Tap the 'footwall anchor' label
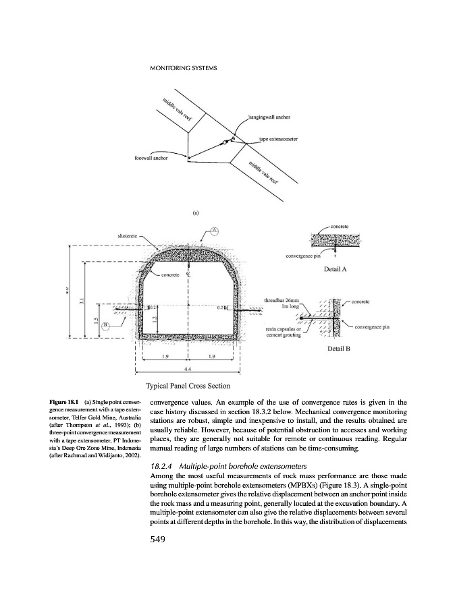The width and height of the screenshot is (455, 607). tap(152, 159)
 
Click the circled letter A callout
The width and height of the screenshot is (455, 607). tap(214, 230)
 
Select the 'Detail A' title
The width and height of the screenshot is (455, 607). tap(336, 269)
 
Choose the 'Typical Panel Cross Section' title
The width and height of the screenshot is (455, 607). tap(188, 386)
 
